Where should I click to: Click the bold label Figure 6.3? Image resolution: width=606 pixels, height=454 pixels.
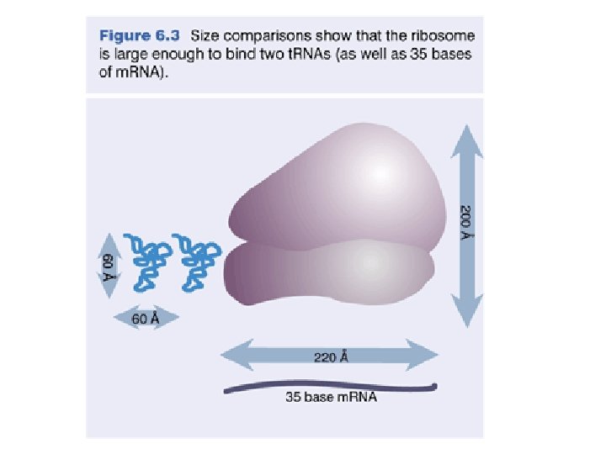[x=141, y=36]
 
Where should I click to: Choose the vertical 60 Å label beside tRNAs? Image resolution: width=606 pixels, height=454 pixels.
[x=108, y=263]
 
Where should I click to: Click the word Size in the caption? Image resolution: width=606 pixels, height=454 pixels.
[x=207, y=36]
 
